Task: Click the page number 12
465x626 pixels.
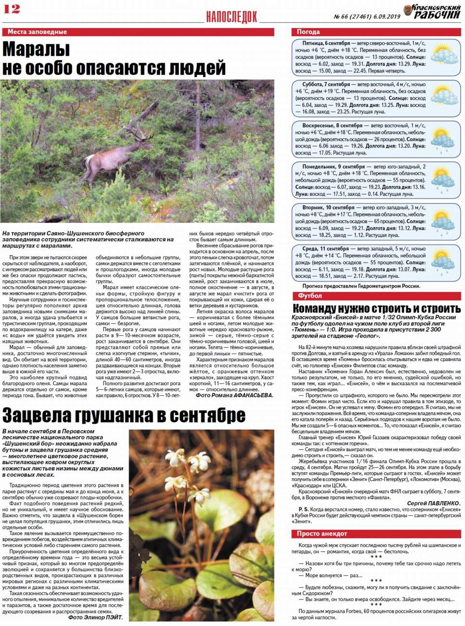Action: (11, 9)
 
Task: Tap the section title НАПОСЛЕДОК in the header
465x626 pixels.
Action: (232, 17)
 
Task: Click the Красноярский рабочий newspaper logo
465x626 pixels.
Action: (432, 12)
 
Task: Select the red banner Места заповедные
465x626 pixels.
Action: (38, 32)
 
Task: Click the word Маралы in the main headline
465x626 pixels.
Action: (36, 49)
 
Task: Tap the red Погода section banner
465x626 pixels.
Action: (309, 32)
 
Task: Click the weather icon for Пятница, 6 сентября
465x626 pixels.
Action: (444, 54)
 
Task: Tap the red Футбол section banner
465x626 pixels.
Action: (310, 296)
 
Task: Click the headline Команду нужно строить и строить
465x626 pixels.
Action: (376, 309)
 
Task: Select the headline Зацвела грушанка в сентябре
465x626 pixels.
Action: (124, 415)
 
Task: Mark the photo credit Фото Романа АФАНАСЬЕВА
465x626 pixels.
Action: (234, 395)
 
